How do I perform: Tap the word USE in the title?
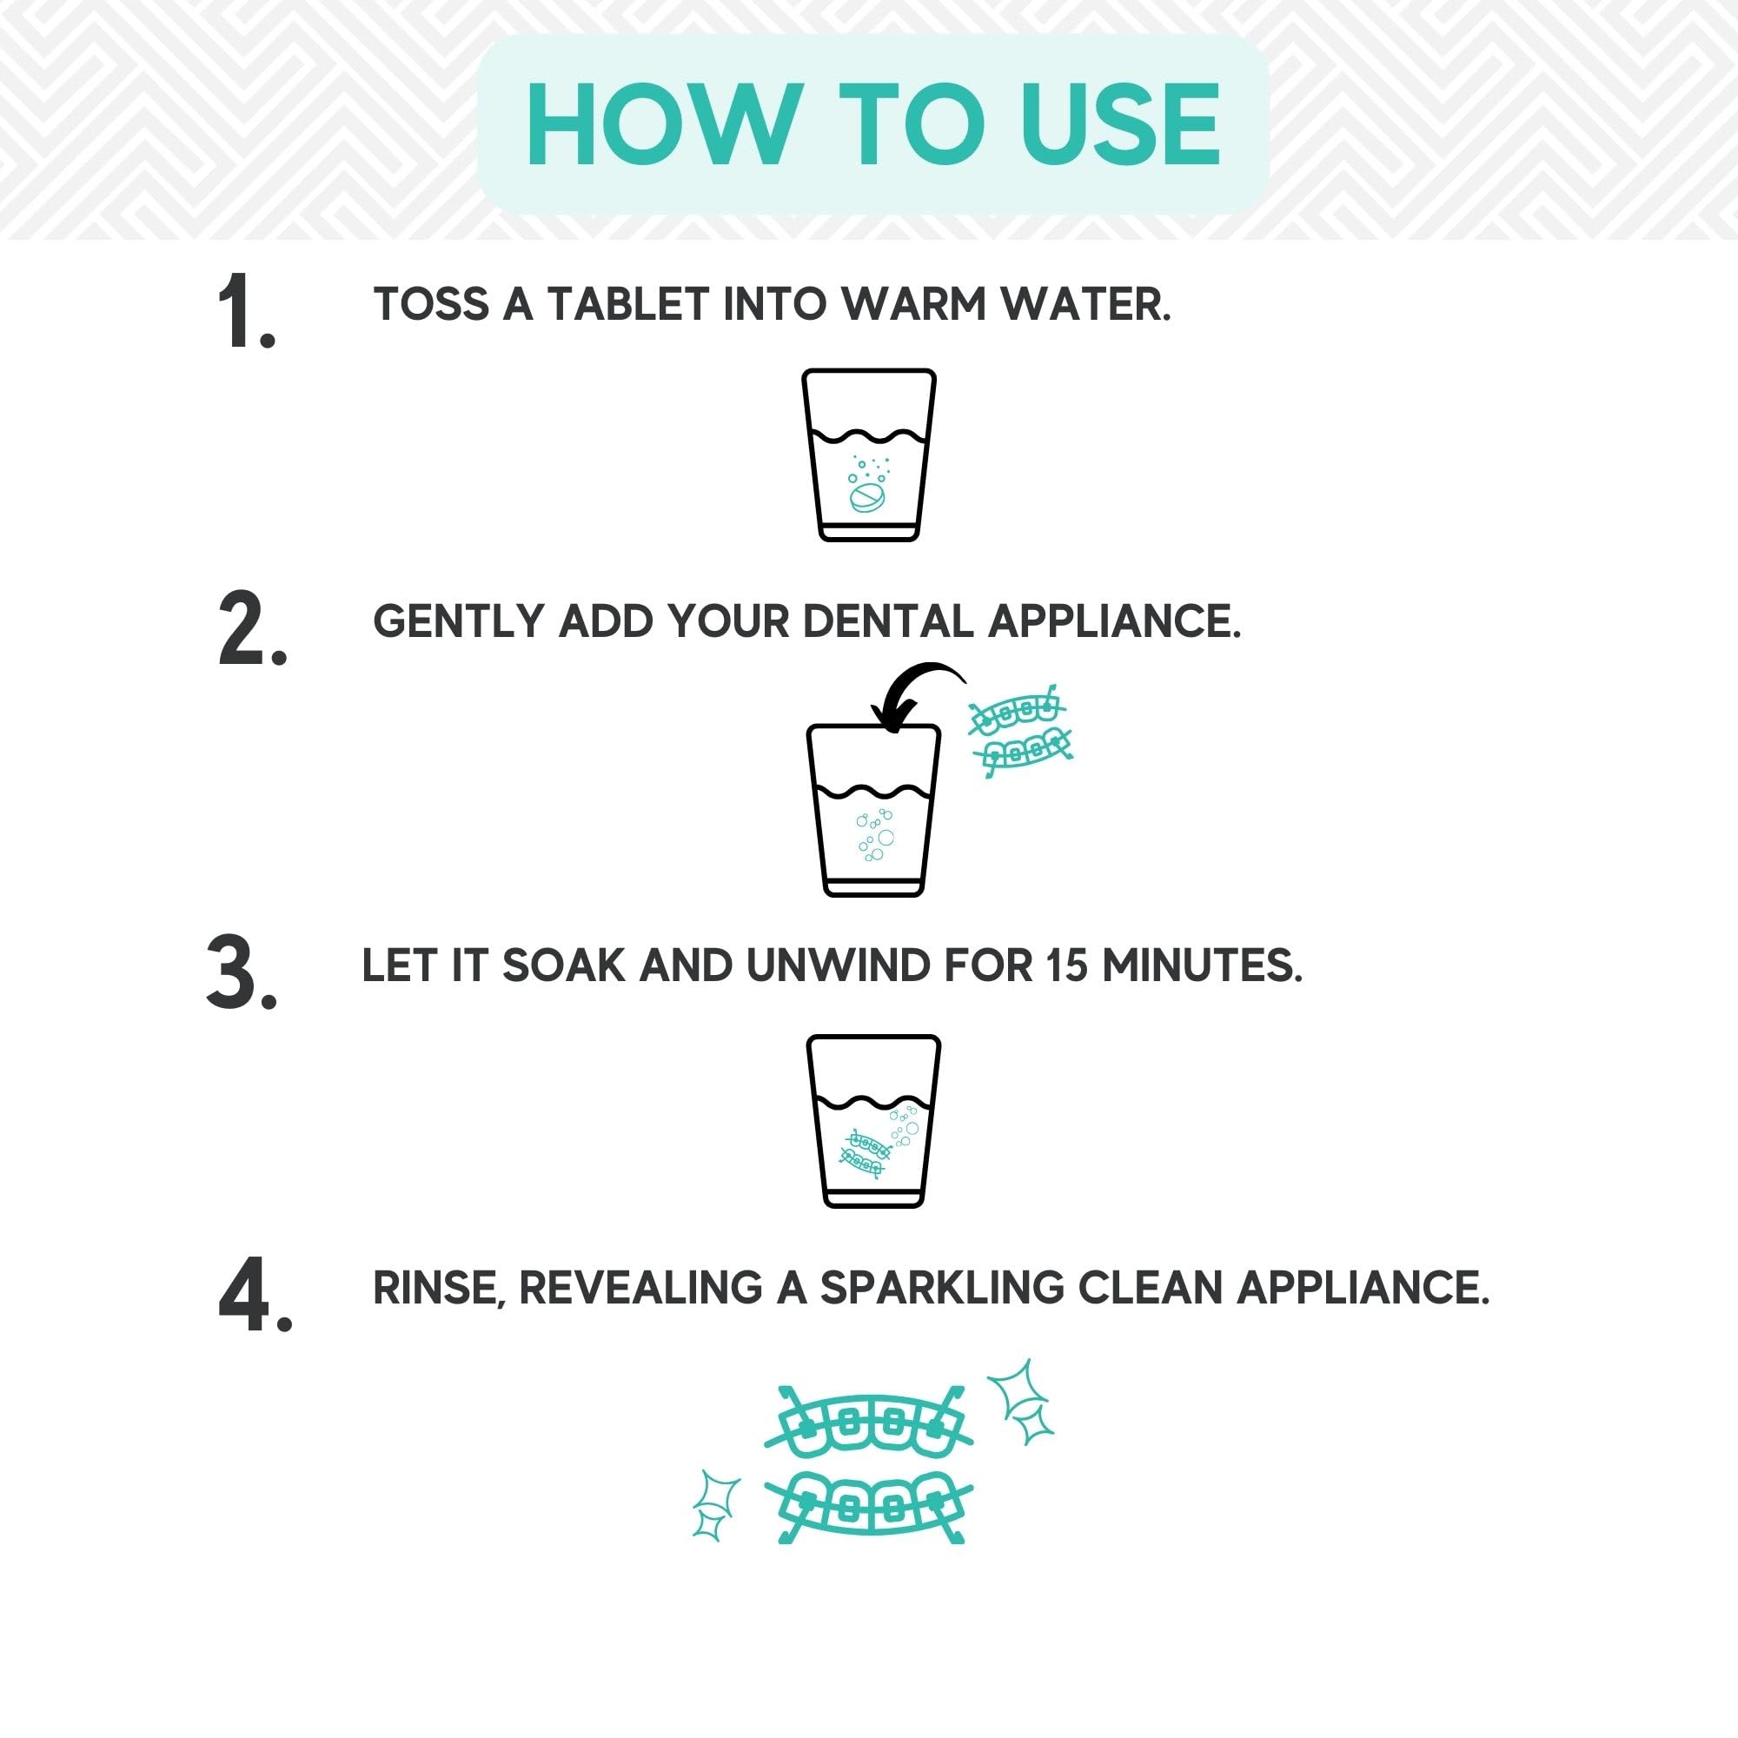pyautogui.click(x=1120, y=125)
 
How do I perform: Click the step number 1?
pyautogui.click(x=245, y=311)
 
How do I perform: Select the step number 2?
pyautogui.click(x=252, y=630)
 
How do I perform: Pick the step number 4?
pyautogui.click(x=255, y=1297)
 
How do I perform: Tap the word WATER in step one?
pyautogui.click(x=1097, y=304)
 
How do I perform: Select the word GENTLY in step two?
pyautogui.click(x=459, y=621)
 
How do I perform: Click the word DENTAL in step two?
pyautogui.click(x=887, y=621)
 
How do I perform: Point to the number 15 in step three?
pyautogui.click(x=1066, y=966)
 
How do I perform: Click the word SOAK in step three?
pyautogui.click(x=563, y=966)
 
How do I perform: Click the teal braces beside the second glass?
pyautogui.click(x=1020, y=731)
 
